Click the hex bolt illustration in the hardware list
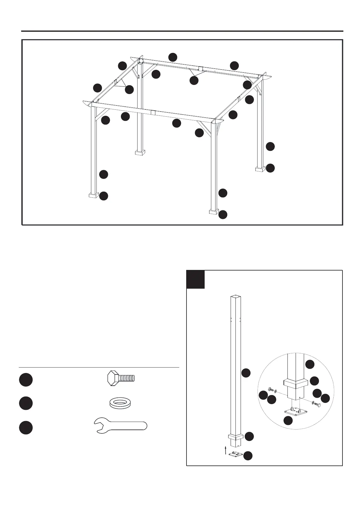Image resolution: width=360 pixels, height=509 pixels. click(121, 378)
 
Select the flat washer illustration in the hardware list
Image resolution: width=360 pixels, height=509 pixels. click(120, 404)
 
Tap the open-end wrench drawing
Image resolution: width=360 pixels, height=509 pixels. click(120, 426)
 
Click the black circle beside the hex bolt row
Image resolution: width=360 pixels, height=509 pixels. click(26, 380)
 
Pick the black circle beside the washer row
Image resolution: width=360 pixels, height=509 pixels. click(26, 404)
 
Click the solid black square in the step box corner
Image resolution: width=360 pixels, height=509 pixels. click(195, 279)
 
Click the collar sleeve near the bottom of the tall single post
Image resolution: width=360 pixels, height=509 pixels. click(236, 437)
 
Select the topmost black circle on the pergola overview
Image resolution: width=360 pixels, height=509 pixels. click(173, 57)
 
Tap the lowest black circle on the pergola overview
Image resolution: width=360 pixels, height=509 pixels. click(223, 215)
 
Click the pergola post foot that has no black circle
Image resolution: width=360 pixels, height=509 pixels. click(140, 152)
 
